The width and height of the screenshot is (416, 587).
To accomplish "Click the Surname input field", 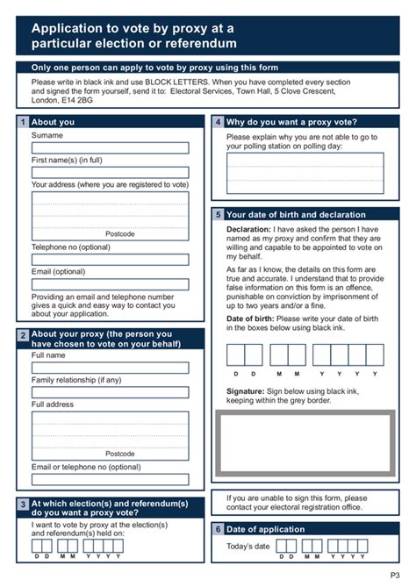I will coord(110,148).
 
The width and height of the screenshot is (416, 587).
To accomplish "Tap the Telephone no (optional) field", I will coord(110,260).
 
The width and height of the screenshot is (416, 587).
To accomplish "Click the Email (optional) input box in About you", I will coord(110,284).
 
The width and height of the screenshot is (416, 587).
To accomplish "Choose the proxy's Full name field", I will coord(110,368).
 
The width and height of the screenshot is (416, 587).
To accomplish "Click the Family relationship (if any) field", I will coord(110,392).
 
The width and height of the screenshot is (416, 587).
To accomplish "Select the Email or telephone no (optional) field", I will coord(110,480).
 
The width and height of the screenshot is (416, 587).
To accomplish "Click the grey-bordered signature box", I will coord(305,442).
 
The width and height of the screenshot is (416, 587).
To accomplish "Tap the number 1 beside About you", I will coord(23,122).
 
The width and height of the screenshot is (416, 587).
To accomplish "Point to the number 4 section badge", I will coord(218,122).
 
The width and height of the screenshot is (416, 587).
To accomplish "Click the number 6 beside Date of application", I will coord(218,529).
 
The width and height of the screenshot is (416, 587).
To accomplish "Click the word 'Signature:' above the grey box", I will coord(246,390).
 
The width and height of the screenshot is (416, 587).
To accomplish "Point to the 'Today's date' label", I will coord(248,547).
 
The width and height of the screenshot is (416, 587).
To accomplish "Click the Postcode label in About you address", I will coord(119,234).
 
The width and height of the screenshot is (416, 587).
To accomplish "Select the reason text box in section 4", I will coord(305,173).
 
